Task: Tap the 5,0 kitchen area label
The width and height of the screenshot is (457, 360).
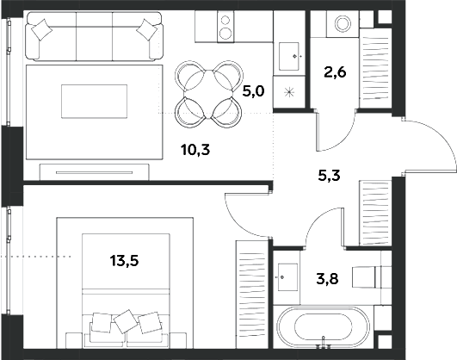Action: coord(254,90)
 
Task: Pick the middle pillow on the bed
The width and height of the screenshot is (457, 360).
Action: coord(127,320)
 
